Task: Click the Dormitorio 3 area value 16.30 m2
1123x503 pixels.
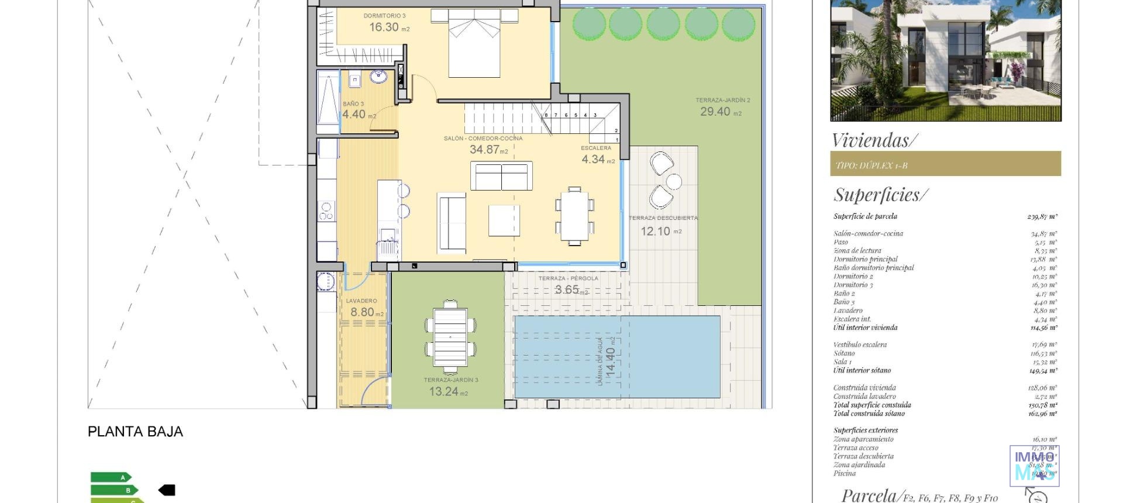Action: (x=388, y=27)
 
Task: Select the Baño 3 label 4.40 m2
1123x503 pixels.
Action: (x=359, y=115)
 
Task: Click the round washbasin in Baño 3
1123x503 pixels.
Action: (x=379, y=76)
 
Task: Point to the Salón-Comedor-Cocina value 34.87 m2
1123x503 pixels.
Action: (x=488, y=150)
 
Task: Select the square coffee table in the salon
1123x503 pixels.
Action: (x=504, y=221)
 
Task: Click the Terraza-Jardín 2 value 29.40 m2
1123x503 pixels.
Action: (x=720, y=112)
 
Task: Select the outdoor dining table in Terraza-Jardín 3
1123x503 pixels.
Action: (x=450, y=337)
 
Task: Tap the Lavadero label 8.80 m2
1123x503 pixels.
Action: (x=366, y=312)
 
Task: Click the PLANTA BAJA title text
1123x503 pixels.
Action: (x=135, y=432)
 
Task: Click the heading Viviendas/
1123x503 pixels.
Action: (x=874, y=140)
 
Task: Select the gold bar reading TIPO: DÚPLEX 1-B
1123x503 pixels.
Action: (x=945, y=164)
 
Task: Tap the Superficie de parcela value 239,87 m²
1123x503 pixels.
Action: (x=1042, y=216)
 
